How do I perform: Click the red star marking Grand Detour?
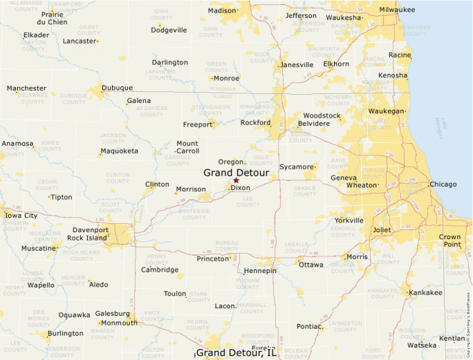236,180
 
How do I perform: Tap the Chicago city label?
443,184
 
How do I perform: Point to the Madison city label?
222,11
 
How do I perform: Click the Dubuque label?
117,88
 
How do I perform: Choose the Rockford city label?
254,122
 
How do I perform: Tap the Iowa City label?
21,216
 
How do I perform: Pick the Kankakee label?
425,292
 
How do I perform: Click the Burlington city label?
65,333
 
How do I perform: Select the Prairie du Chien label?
52,18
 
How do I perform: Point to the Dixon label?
241,188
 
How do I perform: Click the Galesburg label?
112,313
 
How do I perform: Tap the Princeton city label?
212,258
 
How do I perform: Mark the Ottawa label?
311,265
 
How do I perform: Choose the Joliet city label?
382,230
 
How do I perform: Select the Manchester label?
26,88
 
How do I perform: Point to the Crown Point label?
449,240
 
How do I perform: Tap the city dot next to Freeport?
214,125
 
